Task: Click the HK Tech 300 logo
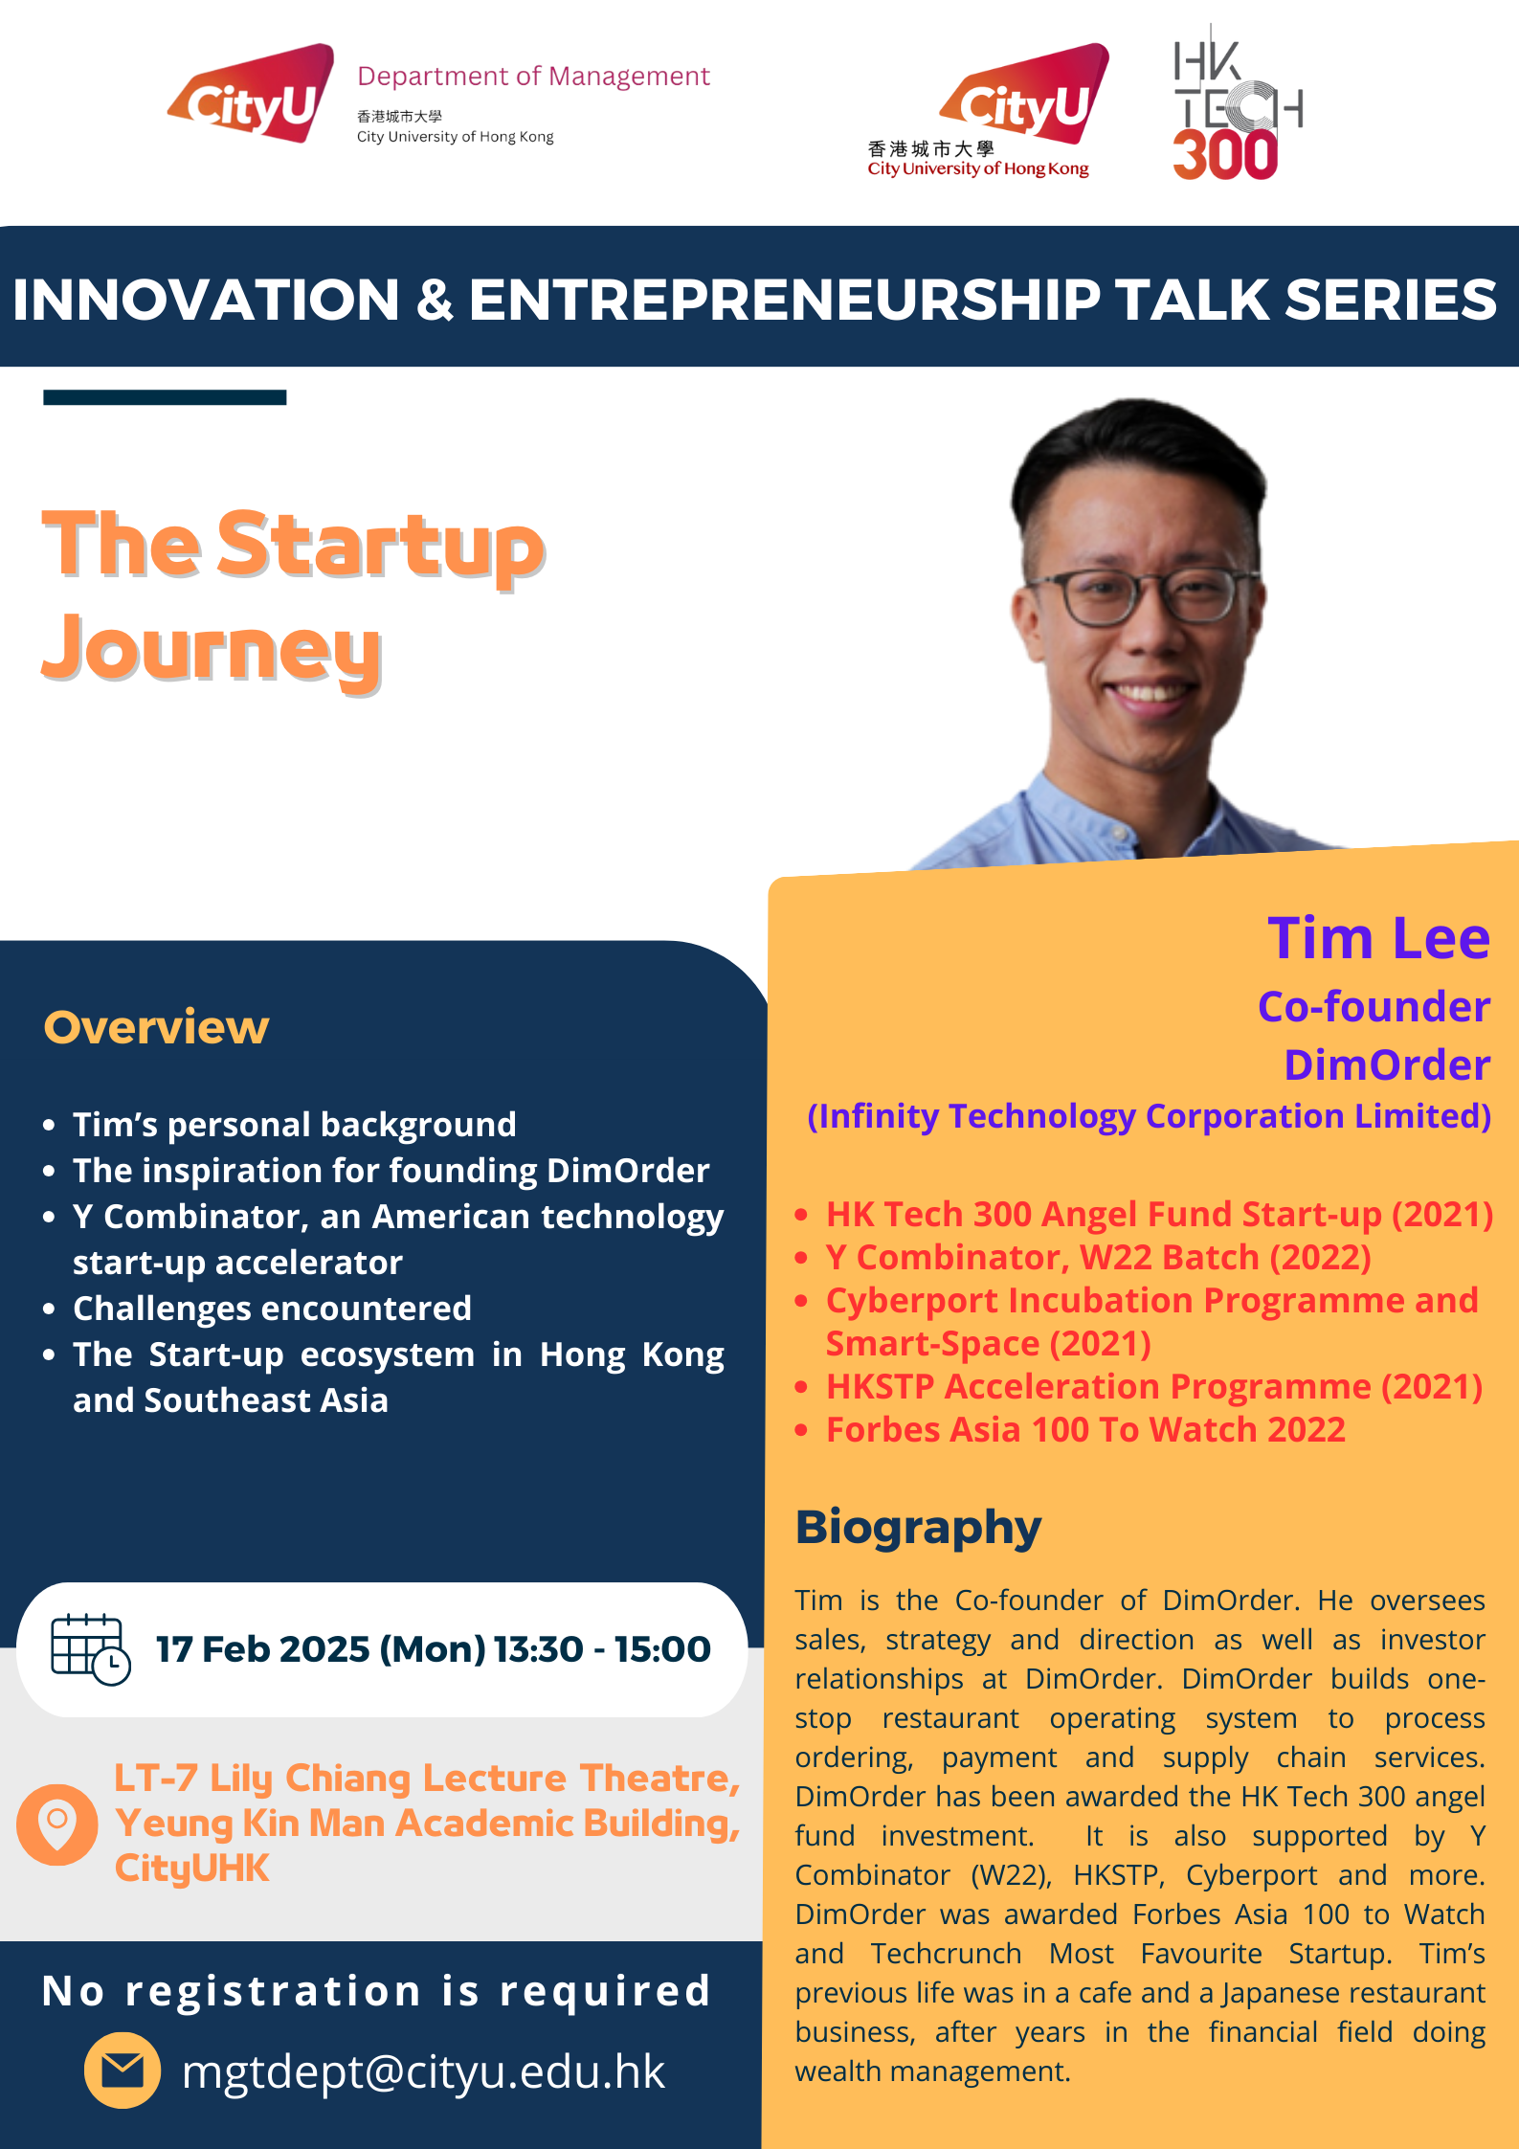click(1238, 103)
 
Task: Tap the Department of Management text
click(533, 76)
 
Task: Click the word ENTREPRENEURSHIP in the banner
click(785, 300)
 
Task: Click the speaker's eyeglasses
click(1145, 595)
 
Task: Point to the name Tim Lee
click(1378, 938)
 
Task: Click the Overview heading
click(156, 1027)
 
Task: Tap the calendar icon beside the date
click(91, 1649)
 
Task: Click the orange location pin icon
click(57, 1824)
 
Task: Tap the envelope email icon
click(123, 2071)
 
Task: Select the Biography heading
click(918, 1528)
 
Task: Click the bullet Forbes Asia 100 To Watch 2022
click(1085, 1429)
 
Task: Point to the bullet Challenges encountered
click(272, 1309)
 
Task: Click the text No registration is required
click(376, 1992)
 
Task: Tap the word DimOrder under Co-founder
click(1387, 1064)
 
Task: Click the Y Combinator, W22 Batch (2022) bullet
click(1099, 1258)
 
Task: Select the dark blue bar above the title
click(165, 397)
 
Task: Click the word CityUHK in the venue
click(191, 1869)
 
